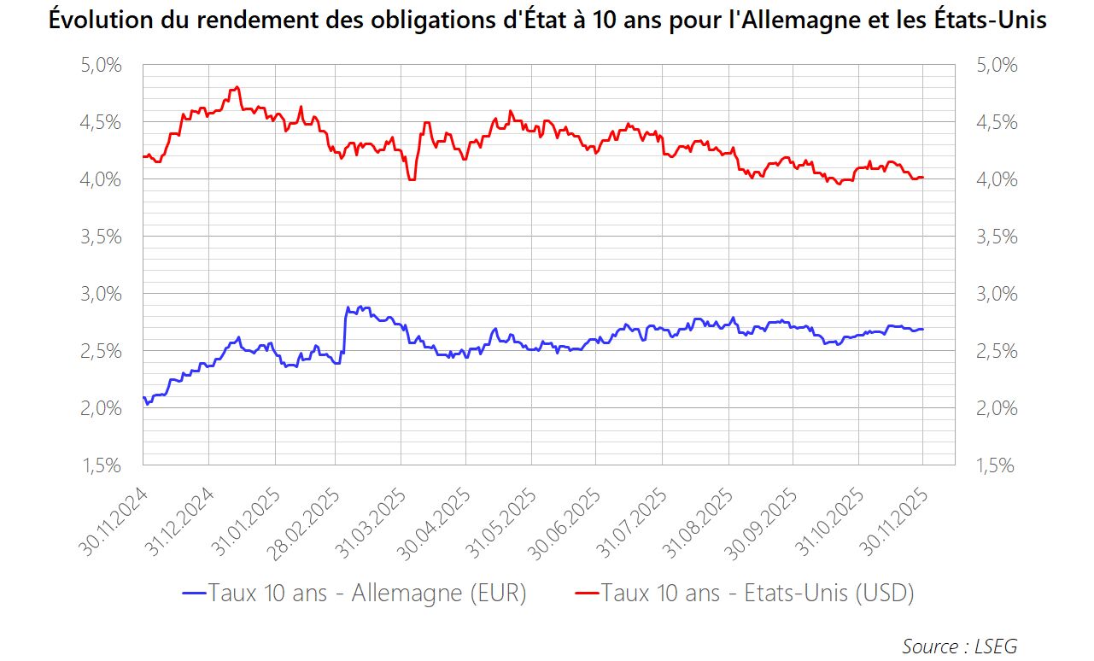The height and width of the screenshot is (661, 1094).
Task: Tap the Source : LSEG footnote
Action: click(x=959, y=646)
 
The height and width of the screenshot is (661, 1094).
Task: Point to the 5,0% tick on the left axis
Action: click(x=101, y=65)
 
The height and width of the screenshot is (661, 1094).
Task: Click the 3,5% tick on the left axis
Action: click(x=101, y=237)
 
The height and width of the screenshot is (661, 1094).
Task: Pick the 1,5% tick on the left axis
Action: click(x=101, y=465)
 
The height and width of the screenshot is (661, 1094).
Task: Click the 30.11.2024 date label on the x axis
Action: click(x=117, y=523)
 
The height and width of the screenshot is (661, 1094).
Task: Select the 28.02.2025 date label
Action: click(x=312, y=523)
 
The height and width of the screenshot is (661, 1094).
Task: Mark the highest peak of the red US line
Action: click(x=237, y=87)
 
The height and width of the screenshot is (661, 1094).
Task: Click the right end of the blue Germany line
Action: click(x=923, y=329)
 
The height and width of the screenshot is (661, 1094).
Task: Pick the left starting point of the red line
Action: click(x=143, y=156)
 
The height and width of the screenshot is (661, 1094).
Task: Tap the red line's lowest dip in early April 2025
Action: click(x=412, y=179)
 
